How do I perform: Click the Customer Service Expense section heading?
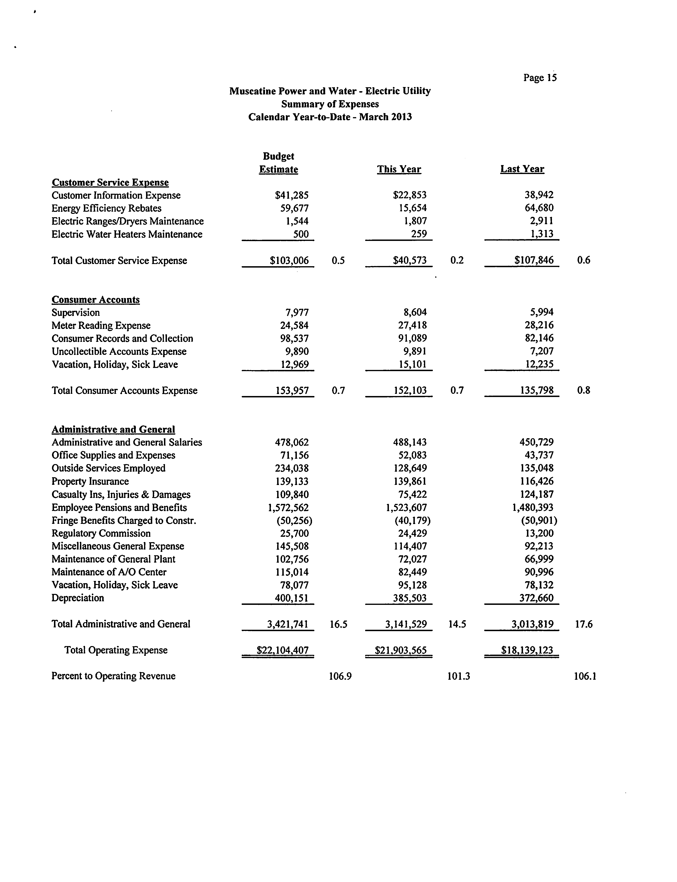pyautogui.click(x=110, y=182)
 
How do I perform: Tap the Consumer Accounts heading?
pyautogui.click(x=95, y=300)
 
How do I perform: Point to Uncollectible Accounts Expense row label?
pyautogui.click(x=119, y=352)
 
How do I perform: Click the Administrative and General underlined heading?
pyautogui.click(x=113, y=429)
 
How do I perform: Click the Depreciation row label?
pyautogui.click(x=78, y=598)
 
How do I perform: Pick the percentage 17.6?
pyautogui.click(x=584, y=624)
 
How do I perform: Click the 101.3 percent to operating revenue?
pyautogui.click(x=459, y=676)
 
